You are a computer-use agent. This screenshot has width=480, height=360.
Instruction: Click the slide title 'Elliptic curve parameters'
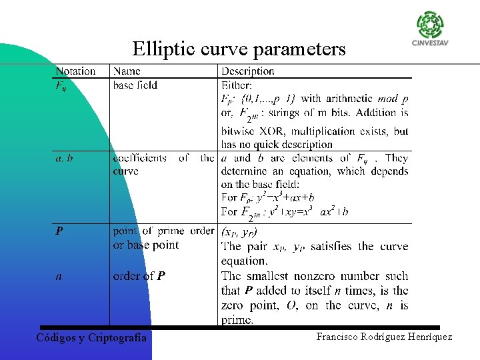coord(239,49)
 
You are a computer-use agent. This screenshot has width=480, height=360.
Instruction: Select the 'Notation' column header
coord(75,71)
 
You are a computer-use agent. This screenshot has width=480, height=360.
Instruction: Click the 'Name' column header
coord(127,71)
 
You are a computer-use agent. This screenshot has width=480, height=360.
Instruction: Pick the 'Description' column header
coord(247,71)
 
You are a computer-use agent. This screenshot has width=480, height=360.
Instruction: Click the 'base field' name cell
coord(135,85)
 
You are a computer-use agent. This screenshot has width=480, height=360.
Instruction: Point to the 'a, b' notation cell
coord(64,159)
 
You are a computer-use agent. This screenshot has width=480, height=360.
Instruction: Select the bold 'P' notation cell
coord(59,231)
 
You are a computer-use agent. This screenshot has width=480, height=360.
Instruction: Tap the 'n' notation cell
coord(58,275)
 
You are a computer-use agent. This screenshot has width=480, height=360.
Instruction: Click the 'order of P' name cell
coord(139,275)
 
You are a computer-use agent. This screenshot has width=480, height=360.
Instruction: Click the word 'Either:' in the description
coord(237,85)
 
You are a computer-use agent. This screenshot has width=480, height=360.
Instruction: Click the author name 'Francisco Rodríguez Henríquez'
coord(384,337)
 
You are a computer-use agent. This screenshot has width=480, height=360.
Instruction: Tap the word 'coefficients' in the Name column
coord(140,159)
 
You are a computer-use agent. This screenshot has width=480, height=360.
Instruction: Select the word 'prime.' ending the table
coord(237,320)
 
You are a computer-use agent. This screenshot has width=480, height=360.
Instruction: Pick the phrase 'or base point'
coord(146,245)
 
